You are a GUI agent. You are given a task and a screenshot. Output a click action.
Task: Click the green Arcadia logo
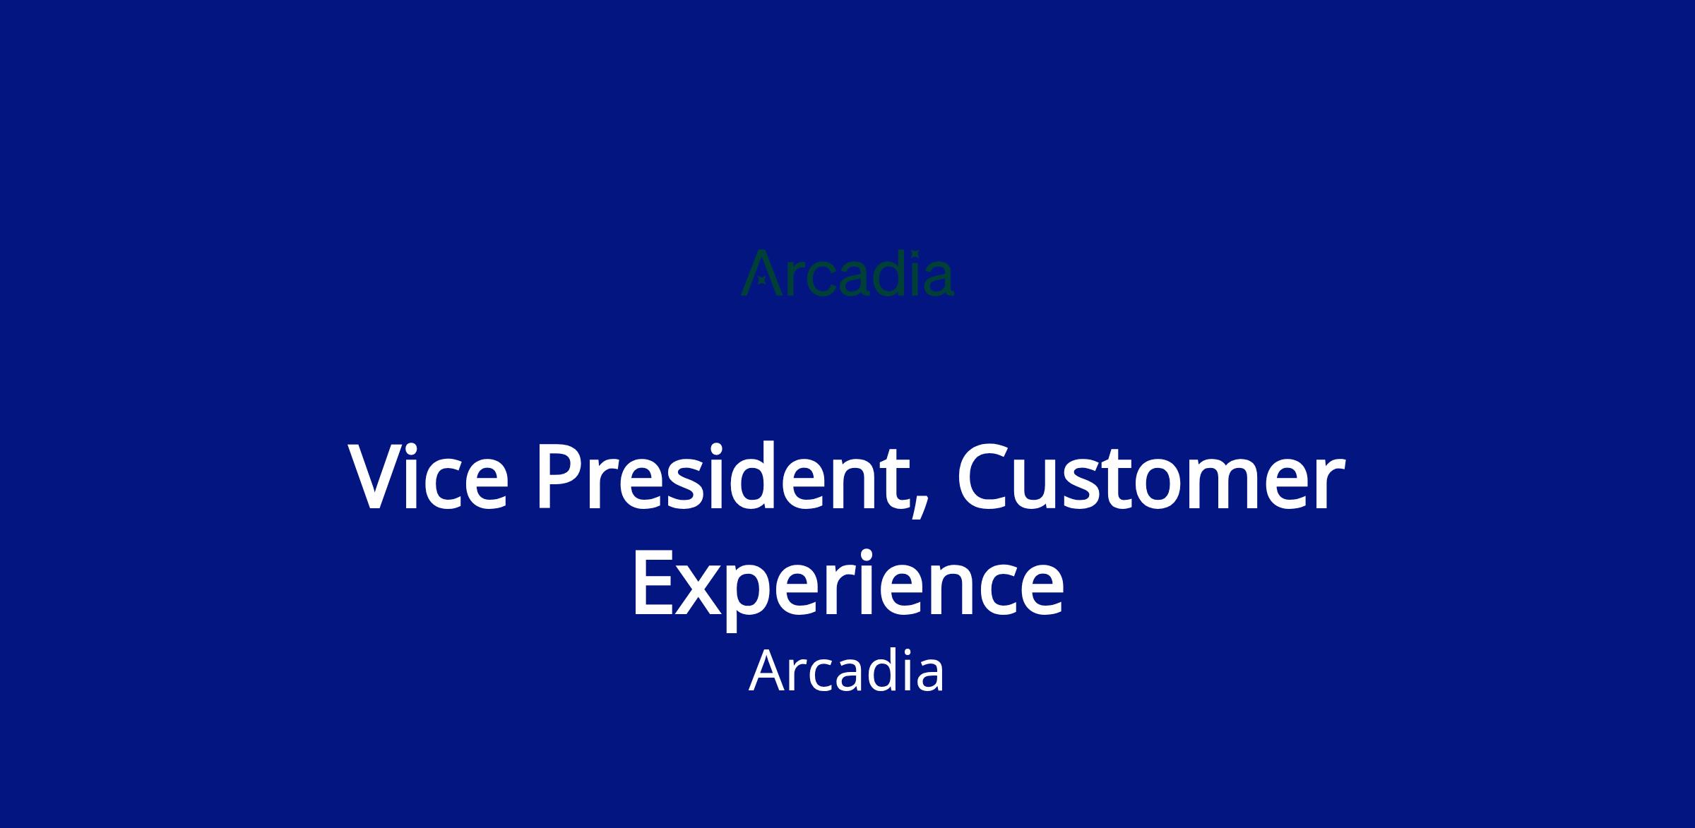tap(847, 272)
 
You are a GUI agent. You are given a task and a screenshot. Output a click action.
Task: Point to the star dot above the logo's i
tap(915, 254)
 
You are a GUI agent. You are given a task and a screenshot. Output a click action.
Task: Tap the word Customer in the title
tap(1150, 476)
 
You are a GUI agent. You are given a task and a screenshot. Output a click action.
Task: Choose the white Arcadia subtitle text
tap(847, 671)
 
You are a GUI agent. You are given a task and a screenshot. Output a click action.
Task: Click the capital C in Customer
tap(985, 476)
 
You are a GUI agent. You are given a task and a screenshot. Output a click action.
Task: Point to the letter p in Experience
tap(760, 599)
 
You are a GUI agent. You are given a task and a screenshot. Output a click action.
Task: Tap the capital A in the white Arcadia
tap(768, 671)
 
